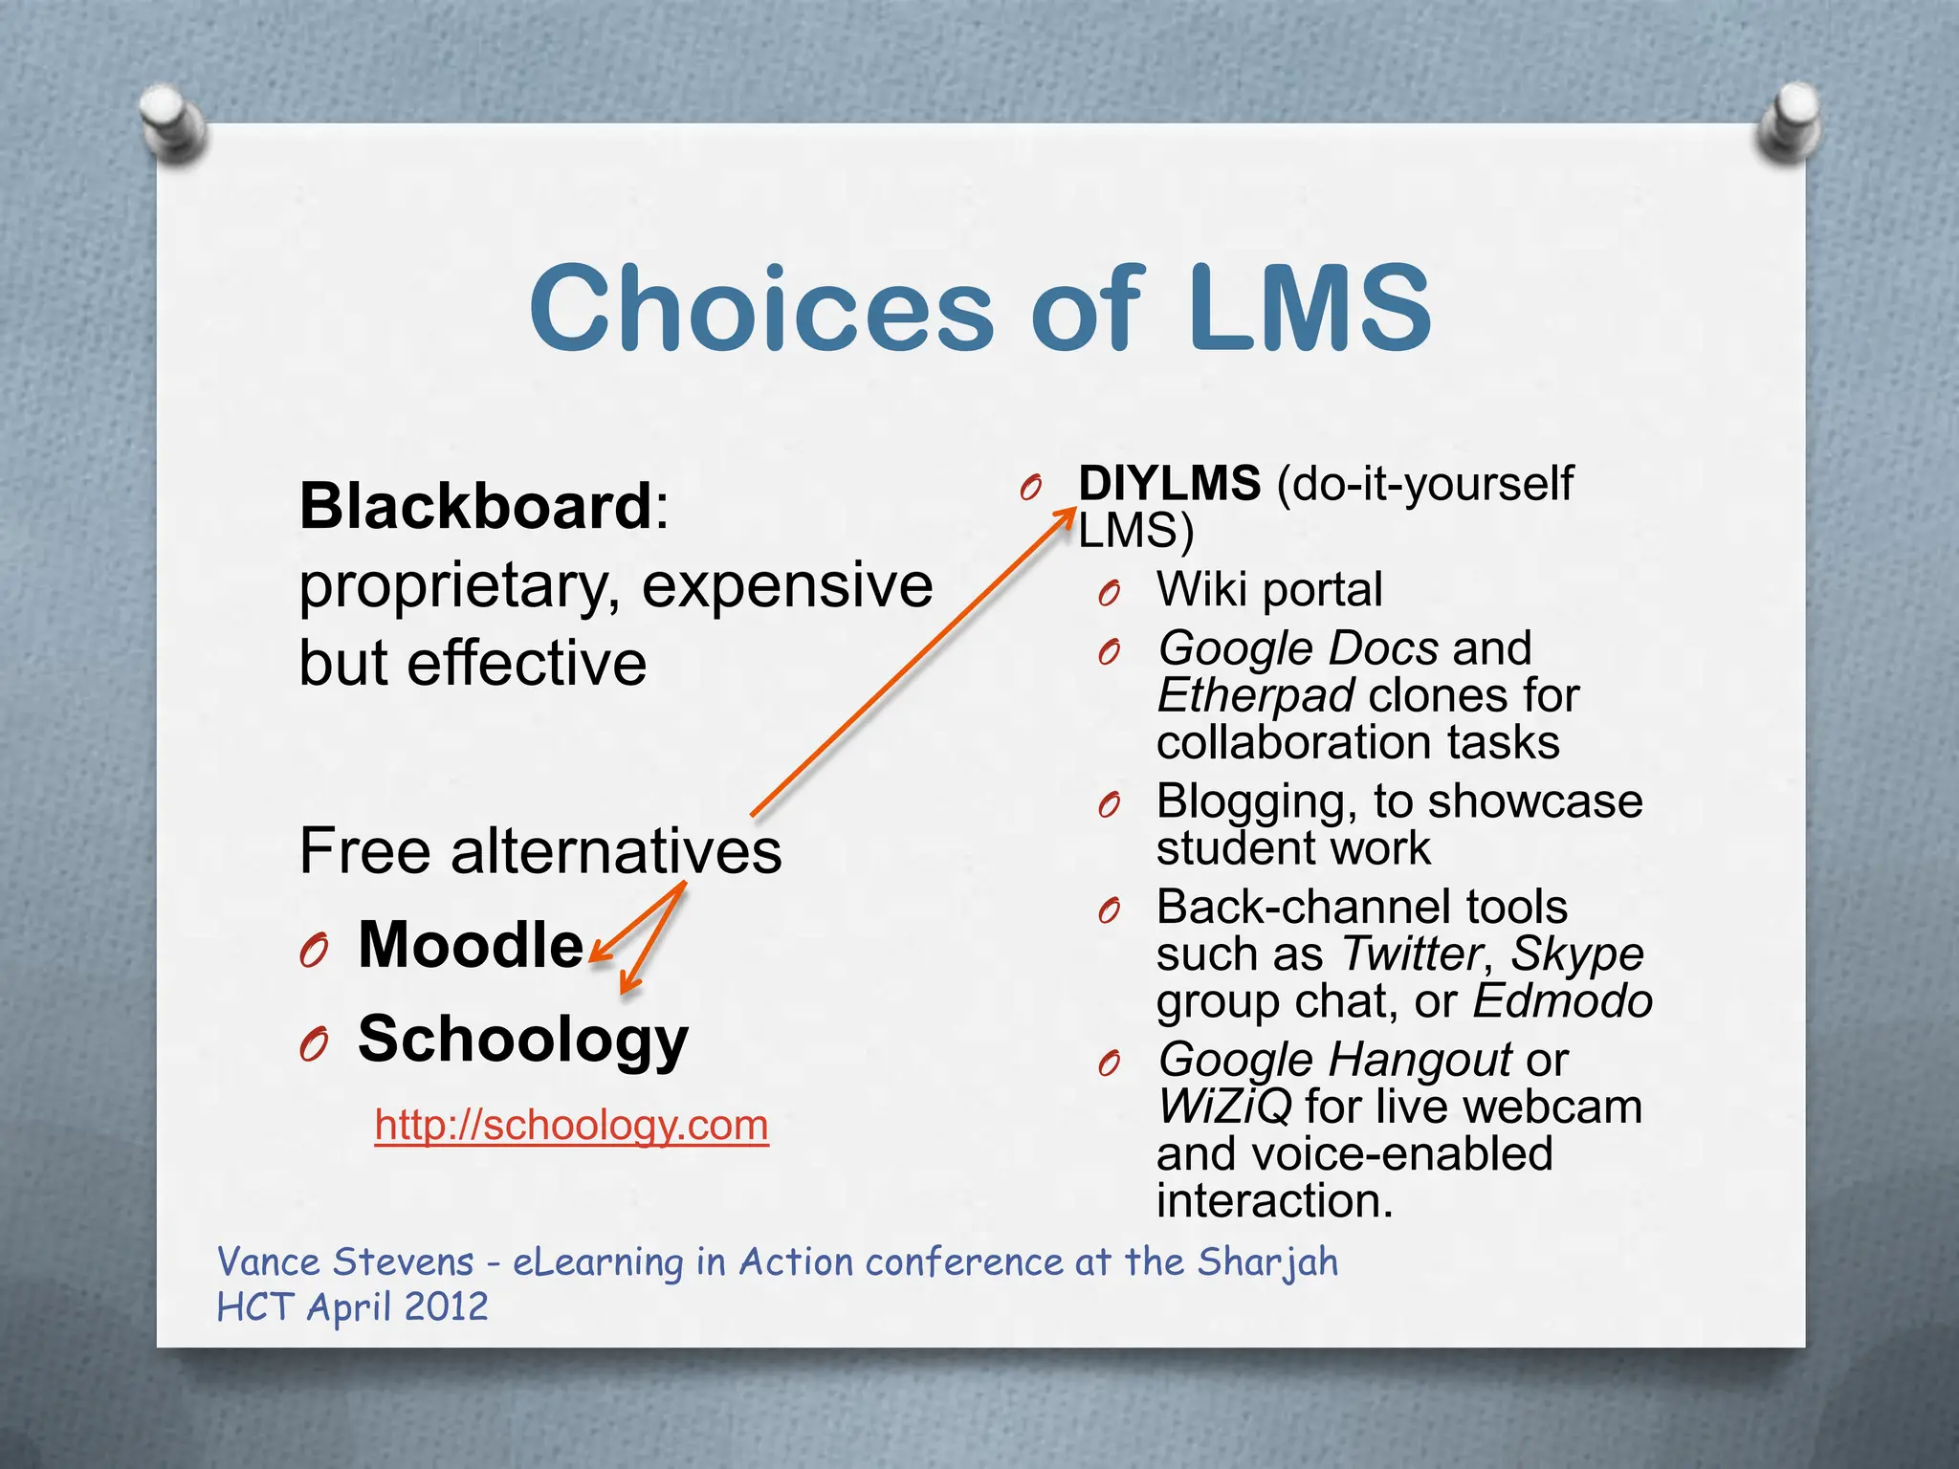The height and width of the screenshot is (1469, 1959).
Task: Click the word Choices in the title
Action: click(761, 308)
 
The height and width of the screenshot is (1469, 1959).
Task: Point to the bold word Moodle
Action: click(471, 945)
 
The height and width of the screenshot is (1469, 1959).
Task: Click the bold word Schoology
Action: click(522, 1039)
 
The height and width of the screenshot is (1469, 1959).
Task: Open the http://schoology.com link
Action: click(571, 1125)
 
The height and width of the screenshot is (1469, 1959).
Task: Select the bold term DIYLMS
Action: click(1169, 483)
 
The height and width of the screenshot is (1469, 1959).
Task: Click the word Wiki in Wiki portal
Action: click(1201, 589)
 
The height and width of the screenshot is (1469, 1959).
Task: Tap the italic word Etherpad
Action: click(1255, 695)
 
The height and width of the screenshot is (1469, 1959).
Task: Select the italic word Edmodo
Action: click(1562, 1001)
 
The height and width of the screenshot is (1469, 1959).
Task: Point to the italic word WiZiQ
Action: click(1224, 1107)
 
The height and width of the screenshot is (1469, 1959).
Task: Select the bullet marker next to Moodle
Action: click(314, 950)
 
